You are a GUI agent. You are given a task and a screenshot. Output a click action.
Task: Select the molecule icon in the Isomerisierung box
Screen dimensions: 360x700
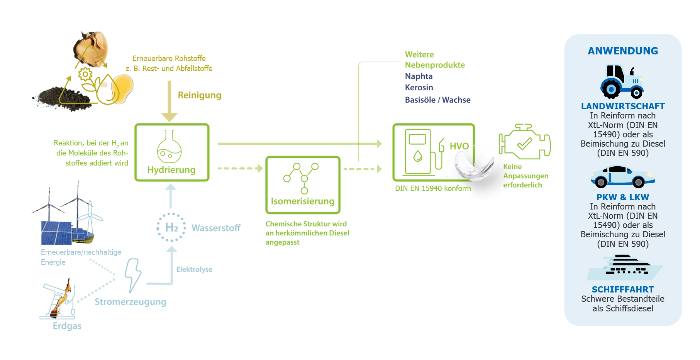pos(301,177)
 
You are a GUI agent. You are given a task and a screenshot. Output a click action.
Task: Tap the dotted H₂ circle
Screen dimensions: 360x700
pos(171,227)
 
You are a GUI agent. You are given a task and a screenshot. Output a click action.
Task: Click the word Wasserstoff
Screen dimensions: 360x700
pos(216,228)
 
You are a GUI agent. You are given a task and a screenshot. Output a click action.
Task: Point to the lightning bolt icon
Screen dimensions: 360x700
pos(133,275)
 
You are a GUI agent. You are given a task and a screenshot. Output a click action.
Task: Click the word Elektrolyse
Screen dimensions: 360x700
pos(194,269)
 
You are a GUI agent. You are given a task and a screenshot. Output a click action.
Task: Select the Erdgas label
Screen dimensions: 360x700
pos(67,326)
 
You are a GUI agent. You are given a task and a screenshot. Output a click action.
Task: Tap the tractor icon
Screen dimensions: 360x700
pos(622,81)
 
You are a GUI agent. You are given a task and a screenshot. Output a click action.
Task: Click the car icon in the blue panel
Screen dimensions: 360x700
pos(622,176)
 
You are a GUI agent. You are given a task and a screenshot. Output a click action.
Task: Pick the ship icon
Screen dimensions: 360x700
pos(624,267)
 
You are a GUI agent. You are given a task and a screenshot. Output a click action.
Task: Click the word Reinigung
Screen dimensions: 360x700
pos(199,95)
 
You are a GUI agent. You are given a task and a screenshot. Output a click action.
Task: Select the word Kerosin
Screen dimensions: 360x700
pos(419,88)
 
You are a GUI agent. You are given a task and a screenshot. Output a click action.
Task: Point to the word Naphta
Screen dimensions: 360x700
pos(419,76)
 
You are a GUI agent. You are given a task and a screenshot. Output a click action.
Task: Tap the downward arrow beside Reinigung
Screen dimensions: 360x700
pos(169,101)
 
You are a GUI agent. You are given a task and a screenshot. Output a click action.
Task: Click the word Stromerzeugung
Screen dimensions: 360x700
pos(131,302)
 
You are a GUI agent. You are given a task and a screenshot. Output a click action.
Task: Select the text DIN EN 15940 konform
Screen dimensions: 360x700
pos(432,188)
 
